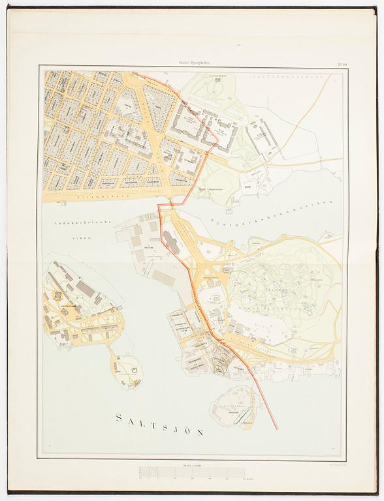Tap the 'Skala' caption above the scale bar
(191, 466)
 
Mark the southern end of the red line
(276, 429)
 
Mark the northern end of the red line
(133, 72)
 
